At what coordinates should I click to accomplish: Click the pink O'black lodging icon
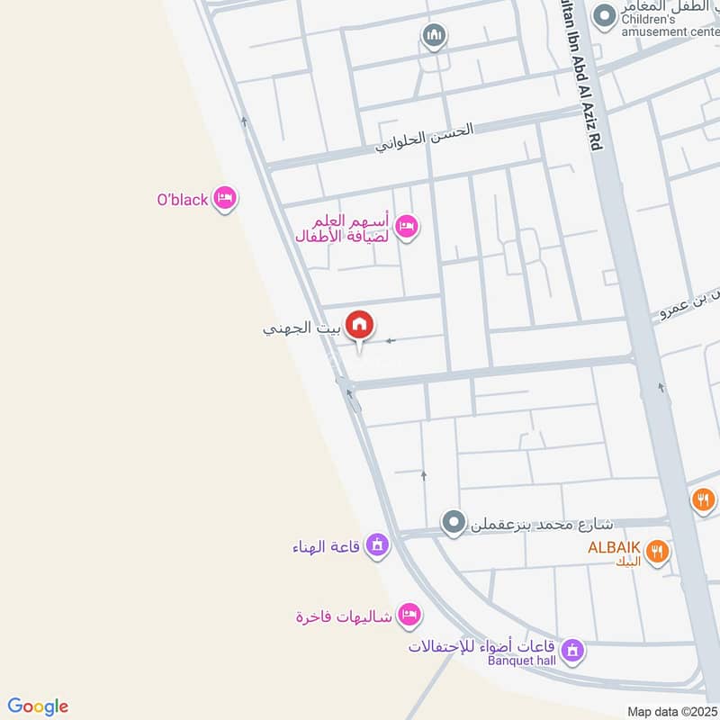pos(225,199)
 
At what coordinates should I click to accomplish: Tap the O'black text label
pos(183,200)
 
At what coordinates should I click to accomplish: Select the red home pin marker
pos(360,325)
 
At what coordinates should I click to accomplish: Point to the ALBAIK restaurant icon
pos(659,551)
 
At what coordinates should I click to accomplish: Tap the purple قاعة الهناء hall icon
pos(379,545)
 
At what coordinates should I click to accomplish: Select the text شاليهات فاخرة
pos(346,616)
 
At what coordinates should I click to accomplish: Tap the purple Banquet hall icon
pos(571,649)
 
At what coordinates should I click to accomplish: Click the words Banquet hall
pos(522,661)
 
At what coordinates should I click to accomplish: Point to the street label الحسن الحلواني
pos(424,137)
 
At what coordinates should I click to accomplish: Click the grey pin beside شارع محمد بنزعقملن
pos(454,521)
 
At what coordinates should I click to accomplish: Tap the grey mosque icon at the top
pos(435,35)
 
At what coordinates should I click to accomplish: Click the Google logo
pos(38,706)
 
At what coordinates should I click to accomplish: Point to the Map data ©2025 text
pos(670,711)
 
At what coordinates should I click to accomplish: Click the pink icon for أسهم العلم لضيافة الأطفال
pos(406,226)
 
